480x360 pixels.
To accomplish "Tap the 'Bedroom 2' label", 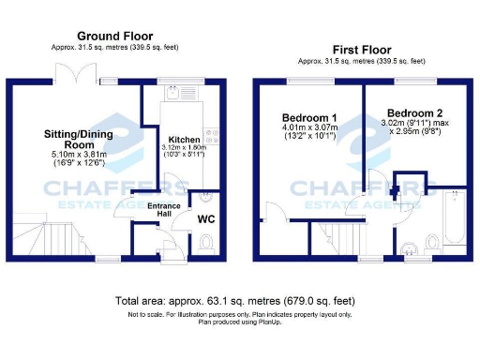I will point(409,112).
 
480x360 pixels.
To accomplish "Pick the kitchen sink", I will point(174,93).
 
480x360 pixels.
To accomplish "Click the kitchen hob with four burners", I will point(213,137).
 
